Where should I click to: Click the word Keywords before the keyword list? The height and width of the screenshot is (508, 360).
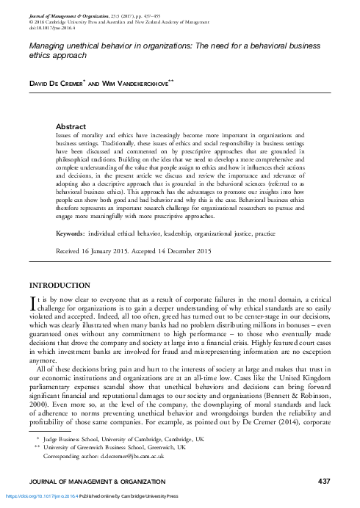click(x=74, y=233)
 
